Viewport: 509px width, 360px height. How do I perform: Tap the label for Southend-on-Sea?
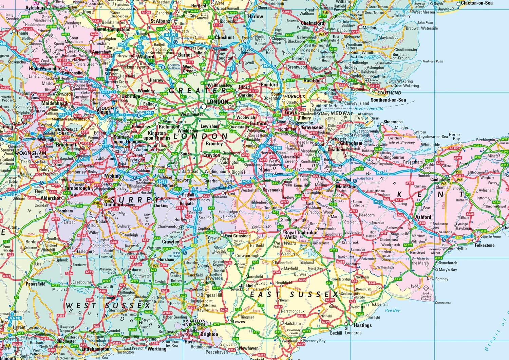point(388,100)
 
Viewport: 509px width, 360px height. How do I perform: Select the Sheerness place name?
point(393,122)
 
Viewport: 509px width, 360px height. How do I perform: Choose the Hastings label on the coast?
point(363,325)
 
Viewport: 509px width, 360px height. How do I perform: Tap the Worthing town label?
point(157,349)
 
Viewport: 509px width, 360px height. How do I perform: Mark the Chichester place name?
point(66,341)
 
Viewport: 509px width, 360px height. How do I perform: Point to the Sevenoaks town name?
point(272,190)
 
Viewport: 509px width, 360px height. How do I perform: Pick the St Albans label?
point(160,21)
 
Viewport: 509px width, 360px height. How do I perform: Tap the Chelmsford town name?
point(313,23)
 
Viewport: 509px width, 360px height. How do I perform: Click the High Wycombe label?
point(44,69)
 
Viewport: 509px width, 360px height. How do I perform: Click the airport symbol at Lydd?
point(426,288)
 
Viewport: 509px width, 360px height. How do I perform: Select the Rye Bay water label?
point(393,310)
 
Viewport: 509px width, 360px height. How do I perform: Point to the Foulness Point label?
point(433,61)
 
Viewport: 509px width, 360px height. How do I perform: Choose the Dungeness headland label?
point(443,302)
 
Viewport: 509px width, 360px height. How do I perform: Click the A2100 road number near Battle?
point(330,300)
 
